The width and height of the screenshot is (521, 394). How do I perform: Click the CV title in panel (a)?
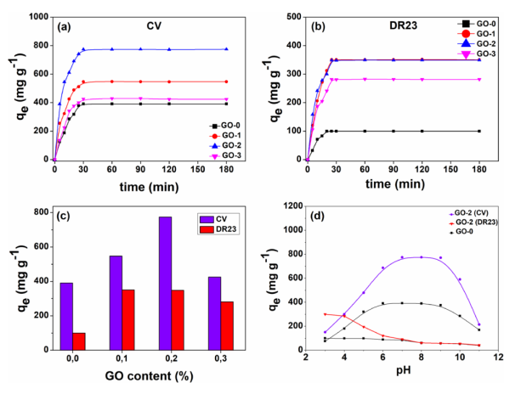tap(150, 25)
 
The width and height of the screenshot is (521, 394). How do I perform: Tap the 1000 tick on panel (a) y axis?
tap(38, 16)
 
